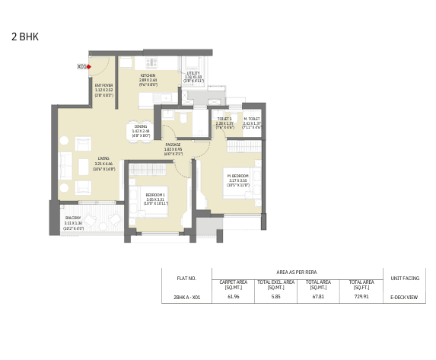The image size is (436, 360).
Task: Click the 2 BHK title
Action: (x=24, y=36)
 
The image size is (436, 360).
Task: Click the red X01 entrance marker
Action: (x=89, y=67)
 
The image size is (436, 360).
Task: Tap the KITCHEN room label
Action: (x=148, y=75)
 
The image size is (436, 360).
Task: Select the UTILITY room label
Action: (x=193, y=73)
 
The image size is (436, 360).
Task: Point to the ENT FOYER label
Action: (x=103, y=85)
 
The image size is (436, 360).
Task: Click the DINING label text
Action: (x=141, y=126)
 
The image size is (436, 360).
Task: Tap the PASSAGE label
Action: (x=173, y=145)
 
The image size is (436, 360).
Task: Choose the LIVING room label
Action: (x=103, y=159)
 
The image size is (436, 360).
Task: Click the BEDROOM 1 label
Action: (x=155, y=195)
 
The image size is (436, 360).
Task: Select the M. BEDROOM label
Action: (x=237, y=176)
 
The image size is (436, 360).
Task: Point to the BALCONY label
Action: (x=74, y=218)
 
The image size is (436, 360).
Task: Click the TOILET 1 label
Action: (x=224, y=119)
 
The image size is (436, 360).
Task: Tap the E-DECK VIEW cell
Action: (x=404, y=298)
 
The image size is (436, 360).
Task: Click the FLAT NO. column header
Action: (x=186, y=279)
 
